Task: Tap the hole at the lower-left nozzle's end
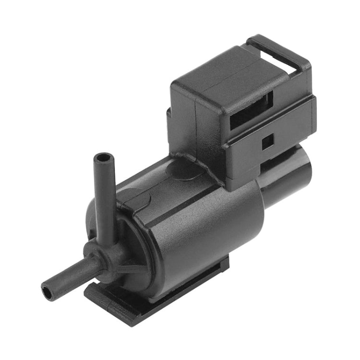(x=46, y=290)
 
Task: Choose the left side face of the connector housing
(x=185, y=120)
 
